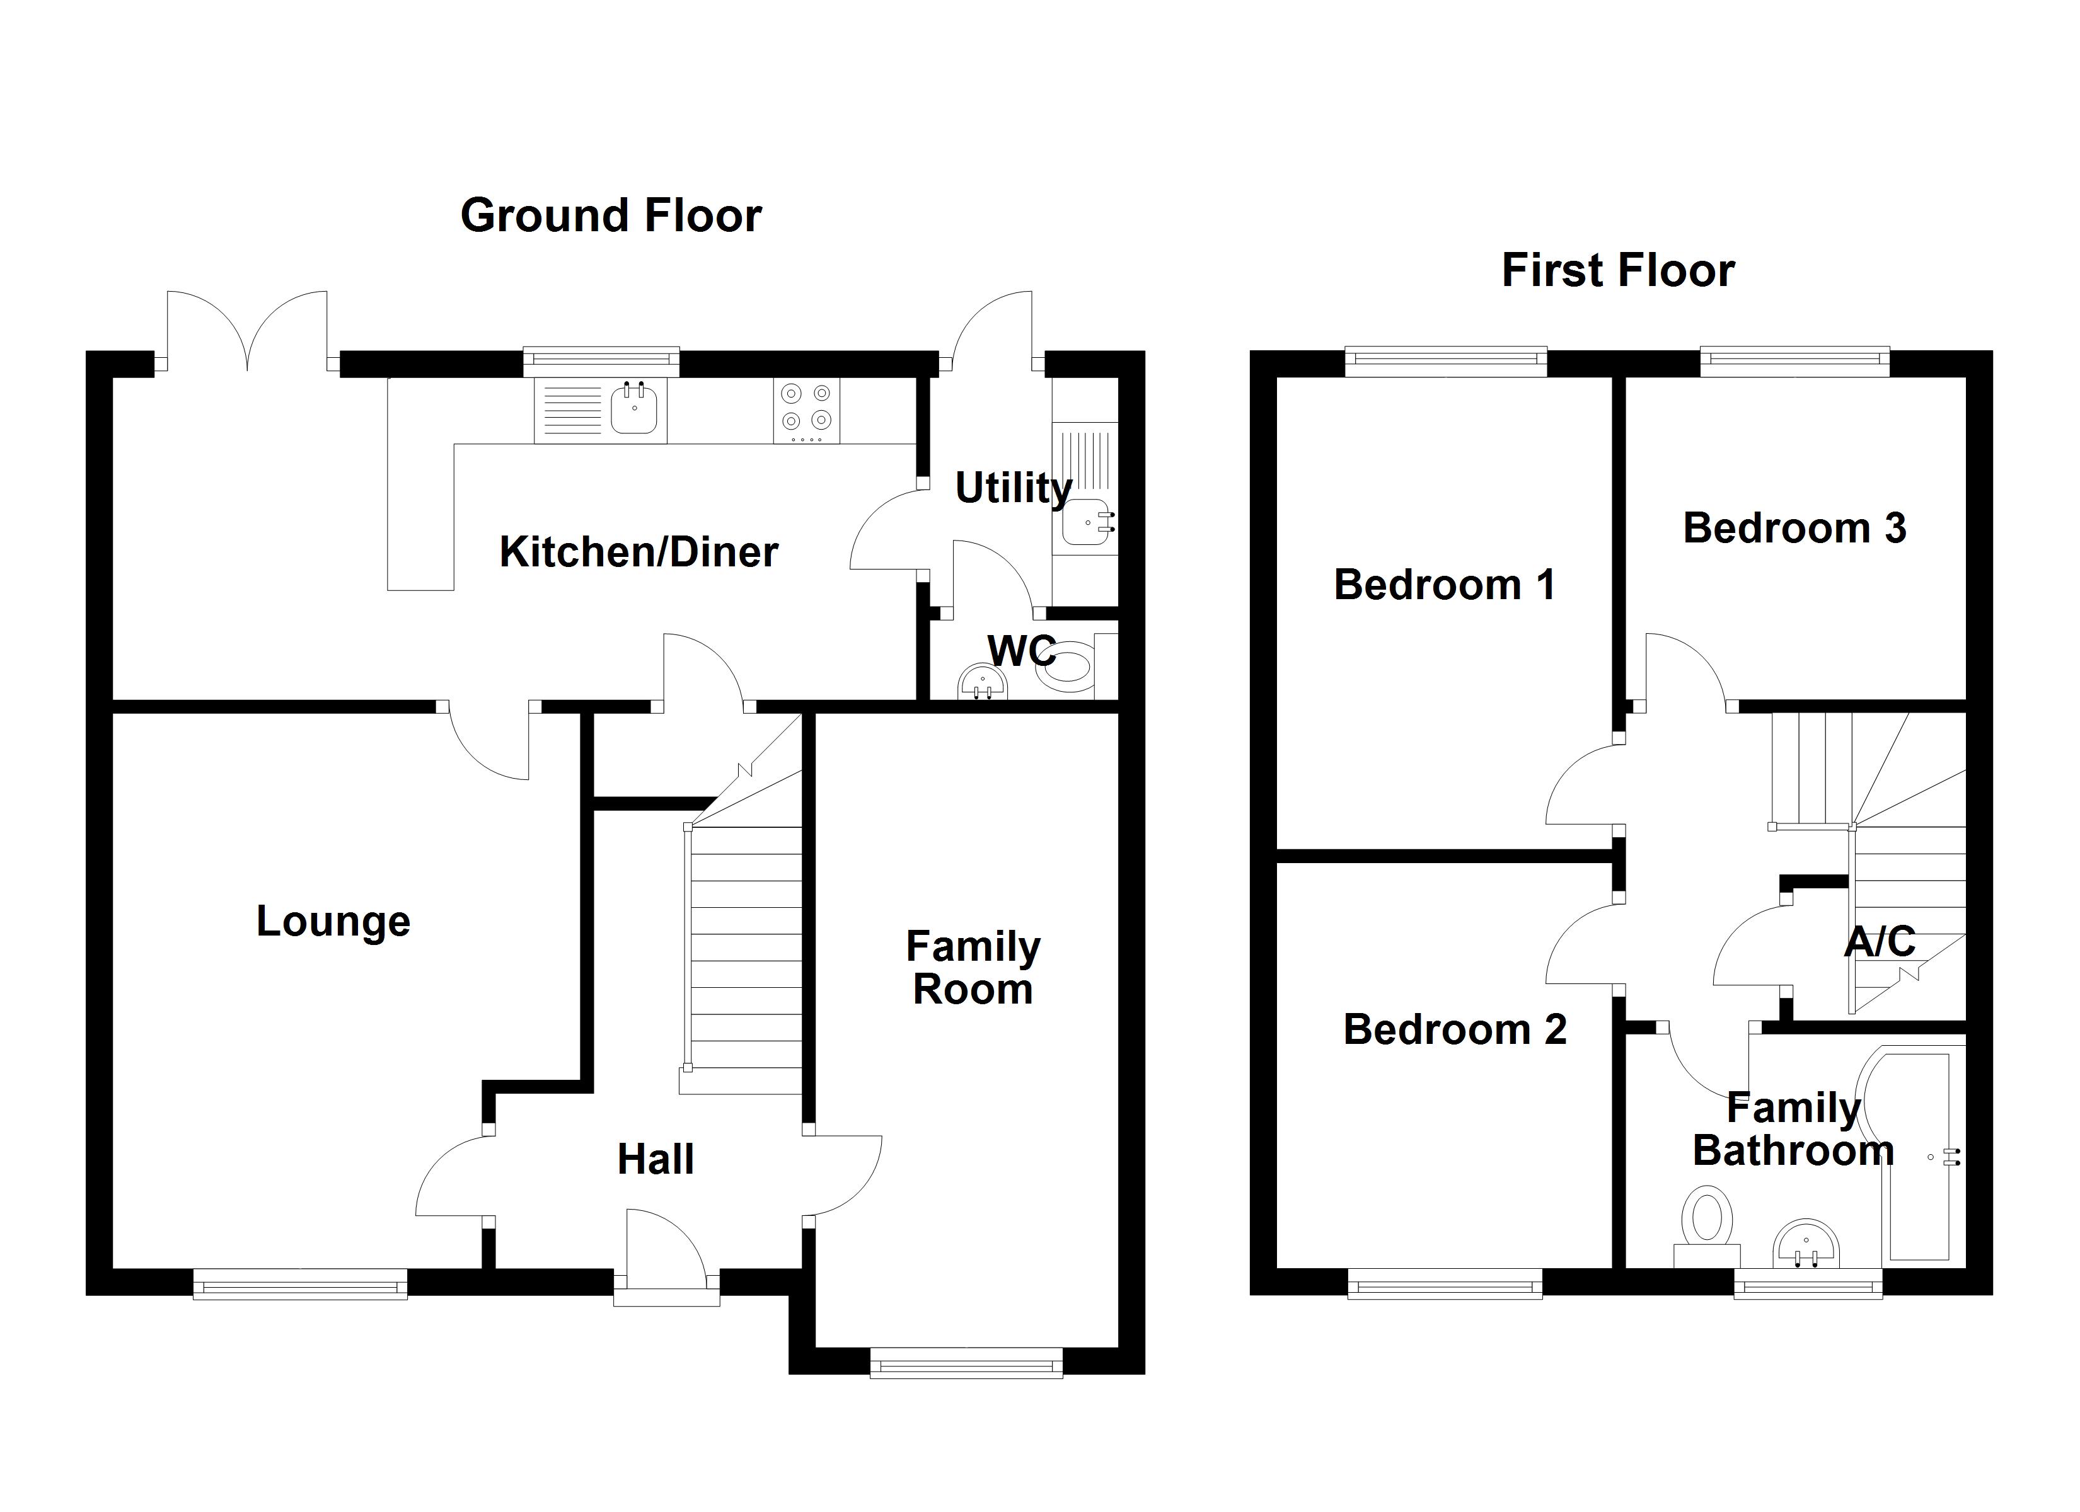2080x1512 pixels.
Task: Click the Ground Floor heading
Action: point(611,216)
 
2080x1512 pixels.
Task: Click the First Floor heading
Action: point(1618,272)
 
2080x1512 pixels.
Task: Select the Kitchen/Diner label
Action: point(638,552)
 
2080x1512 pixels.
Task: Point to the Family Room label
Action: point(973,968)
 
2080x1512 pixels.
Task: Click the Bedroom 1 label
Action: point(1445,585)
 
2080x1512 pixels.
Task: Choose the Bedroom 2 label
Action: point(1455,1029)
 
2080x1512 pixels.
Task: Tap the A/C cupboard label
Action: point(1879,942)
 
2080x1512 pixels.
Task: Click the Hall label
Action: point(655,1160)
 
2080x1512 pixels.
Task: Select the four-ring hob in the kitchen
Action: point(806,408)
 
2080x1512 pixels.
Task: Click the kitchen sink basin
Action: point(633,409)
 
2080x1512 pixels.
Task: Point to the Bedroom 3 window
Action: point(1794,360)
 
